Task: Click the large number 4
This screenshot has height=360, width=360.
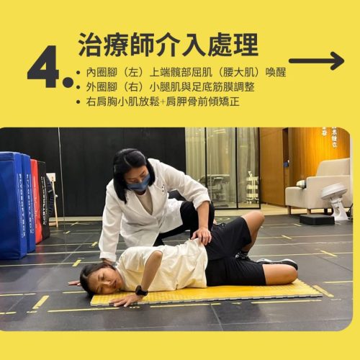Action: [43, 66]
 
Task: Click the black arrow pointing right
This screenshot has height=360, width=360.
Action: [317, 60]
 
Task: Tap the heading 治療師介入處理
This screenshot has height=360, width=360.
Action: [168, 45]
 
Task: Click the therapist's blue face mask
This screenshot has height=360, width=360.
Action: [139, 182]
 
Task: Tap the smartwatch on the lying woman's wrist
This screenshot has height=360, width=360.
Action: [140, 290]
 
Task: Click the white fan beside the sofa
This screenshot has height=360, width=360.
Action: [336, 200]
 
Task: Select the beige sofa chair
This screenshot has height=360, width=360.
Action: [318, 186]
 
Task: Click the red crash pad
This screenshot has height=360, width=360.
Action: [36, 201]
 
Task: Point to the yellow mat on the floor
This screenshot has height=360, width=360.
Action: [207, 294]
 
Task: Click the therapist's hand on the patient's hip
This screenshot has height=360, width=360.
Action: [202, 235]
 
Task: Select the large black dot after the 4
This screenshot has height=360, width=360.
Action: [68, 82]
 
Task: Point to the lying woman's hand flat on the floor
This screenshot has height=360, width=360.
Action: [122, 300]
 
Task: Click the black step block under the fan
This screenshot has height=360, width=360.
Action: [317, 220]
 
